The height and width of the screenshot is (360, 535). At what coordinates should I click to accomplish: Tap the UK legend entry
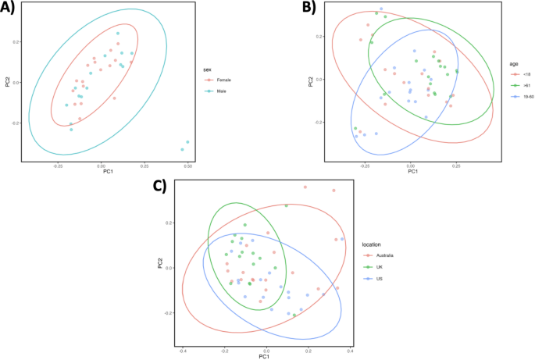[x=380, y=267]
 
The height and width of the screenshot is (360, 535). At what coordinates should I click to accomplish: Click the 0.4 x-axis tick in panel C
[x=350, y=351]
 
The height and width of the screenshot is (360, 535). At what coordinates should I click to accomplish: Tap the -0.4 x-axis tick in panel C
[x=183, y=351]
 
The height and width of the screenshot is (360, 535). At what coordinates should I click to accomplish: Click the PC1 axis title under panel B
[x=411, y=170]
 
